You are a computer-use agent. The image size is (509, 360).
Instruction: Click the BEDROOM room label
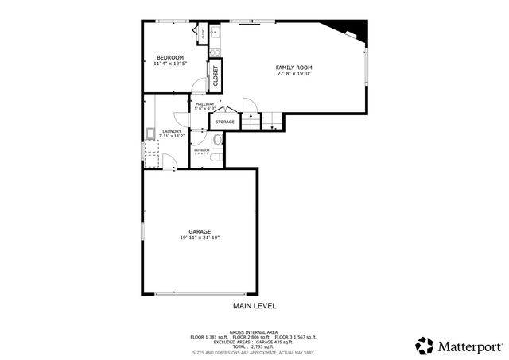pyautogui.click(x=170, y=57)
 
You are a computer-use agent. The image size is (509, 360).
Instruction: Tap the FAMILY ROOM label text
pyautogui.click(x=293, y=68)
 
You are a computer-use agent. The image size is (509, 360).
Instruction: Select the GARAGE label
pyautogui.click(x=200, y=231)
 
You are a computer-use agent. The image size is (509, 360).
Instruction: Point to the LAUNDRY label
pyautogui.click(x=172, y=131)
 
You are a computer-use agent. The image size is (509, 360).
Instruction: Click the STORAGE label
pyautogui.click(x=225, y=122)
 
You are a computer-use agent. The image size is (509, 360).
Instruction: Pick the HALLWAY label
pyautogui.click(x=205, y=103)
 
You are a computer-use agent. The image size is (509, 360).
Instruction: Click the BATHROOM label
pyautogui.click(x=201, y=149)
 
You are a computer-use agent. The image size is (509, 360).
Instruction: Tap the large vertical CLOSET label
pyautogui.click(x=215, y=75)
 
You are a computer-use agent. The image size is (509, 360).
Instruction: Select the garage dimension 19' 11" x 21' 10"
pyautogui.click(x=200, y=238)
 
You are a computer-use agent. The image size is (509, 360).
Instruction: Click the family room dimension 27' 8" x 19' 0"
pyautogui.click(x=293, y=74)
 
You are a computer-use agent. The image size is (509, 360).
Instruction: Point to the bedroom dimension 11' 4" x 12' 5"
pyautogui.click(x=170, y=64)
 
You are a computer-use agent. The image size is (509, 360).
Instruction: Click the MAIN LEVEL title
pyautogui.click(x=254, y=306)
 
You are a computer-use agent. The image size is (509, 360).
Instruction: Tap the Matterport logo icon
pyautogui.click(x=425, y=346)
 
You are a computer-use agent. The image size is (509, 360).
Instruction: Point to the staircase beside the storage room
pyautogui.click(x=271, y=121)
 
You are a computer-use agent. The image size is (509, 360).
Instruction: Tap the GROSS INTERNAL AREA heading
pyautogui.click(x=254, y=331)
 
